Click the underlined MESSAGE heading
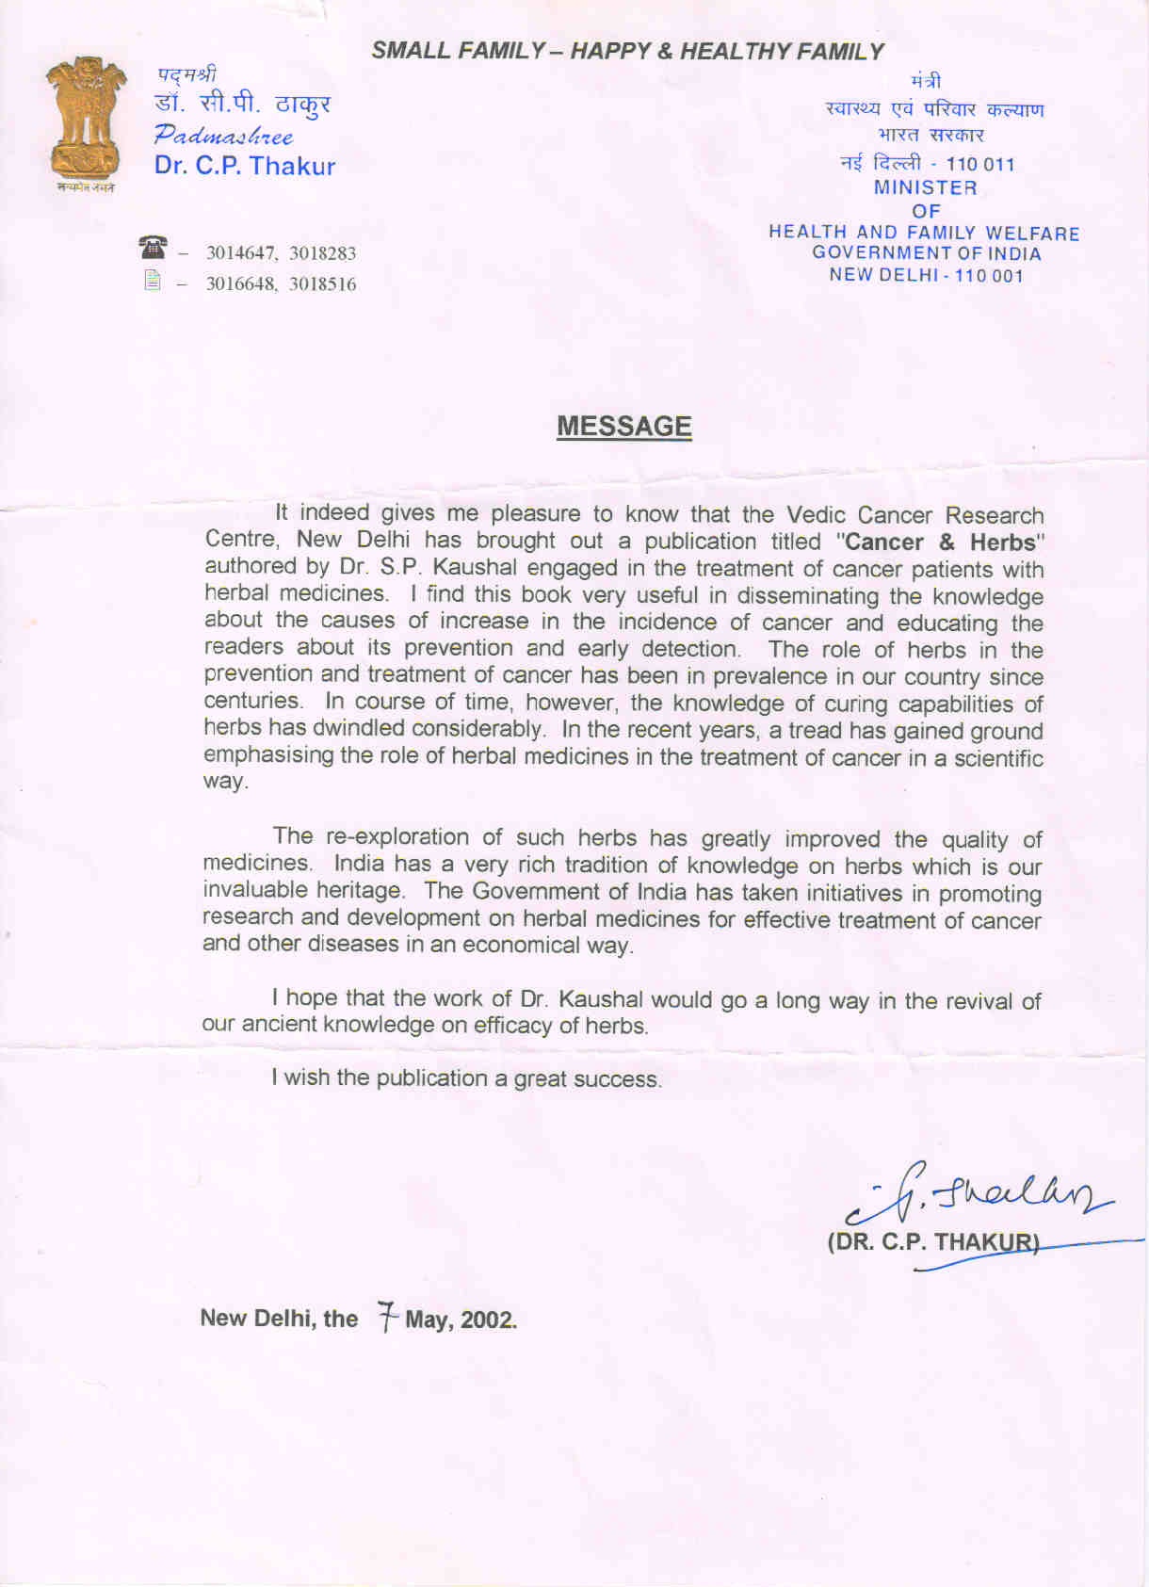point(623,427)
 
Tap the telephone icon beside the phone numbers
point(152,249)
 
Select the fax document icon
point(153,281)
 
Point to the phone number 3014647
point(241,253)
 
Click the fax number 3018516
point(322,284)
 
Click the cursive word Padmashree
point(224,135)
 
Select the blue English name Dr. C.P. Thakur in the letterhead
point(245,167)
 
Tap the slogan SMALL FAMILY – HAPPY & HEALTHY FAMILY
point(627,52)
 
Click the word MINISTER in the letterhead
point(925,187)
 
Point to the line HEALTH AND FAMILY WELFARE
point(924,233)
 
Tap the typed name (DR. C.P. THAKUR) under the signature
point(933,1241)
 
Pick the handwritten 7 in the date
point(386,1316)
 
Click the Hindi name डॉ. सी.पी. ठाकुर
point(242,104)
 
